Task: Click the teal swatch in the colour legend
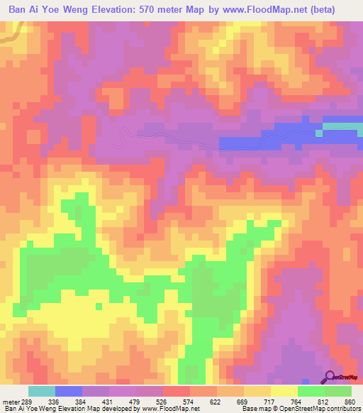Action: (x=41, y=392)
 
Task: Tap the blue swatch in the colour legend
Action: (x=68, y=392)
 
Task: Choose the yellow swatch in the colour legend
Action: (x=284, y=392)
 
